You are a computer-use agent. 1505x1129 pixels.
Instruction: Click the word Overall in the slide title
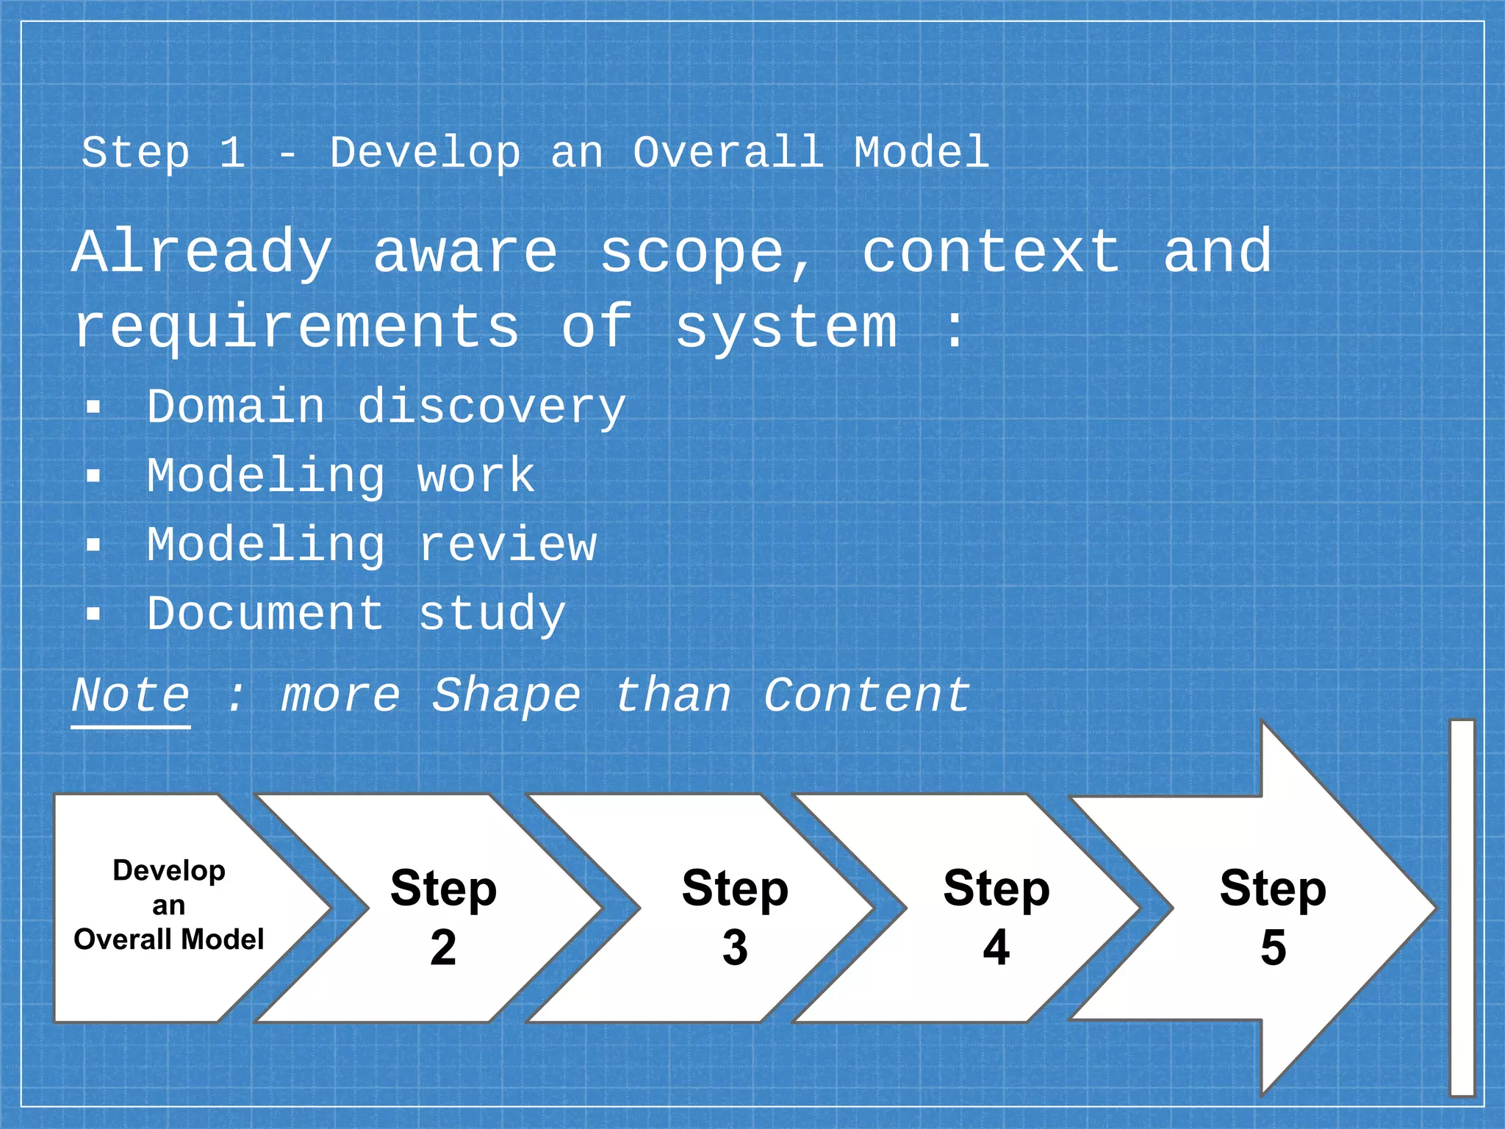point(728,153)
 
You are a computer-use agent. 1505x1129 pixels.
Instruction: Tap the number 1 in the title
point(232,153)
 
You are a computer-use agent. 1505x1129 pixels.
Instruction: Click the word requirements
point(297,329)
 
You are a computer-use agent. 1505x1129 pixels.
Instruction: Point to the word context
point(991,252)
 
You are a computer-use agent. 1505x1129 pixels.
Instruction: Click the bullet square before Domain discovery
point(93,407)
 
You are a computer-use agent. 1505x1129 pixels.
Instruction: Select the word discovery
point(491,407)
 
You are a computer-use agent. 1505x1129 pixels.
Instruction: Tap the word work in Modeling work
point(476,476)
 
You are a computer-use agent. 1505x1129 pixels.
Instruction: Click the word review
point(507,545)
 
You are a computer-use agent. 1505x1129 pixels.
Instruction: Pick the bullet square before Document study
point(93,613)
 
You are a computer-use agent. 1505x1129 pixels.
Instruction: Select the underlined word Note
point(131,695)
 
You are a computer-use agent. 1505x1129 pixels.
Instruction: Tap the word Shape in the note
point(506,695)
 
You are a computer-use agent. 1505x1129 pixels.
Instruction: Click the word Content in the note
point(867,695)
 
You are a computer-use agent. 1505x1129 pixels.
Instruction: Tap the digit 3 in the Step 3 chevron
point(735,947)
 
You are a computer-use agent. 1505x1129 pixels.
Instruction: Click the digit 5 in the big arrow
point(1274,947)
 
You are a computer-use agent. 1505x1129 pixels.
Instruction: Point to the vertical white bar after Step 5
point(1462,908)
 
